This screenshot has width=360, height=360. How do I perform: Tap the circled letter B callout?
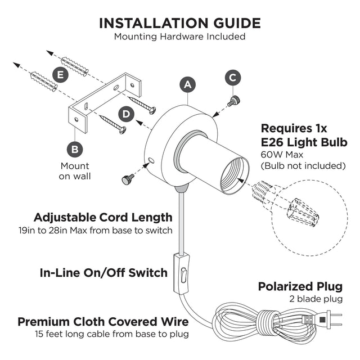pos(74,150)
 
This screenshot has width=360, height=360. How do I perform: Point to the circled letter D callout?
pos(127,115)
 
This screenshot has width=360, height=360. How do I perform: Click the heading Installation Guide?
pos(180,23)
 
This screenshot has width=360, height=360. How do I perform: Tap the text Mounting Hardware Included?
pos(180,37)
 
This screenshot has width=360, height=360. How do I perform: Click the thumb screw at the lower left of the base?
pos(128,179)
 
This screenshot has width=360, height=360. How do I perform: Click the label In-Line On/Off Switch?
pos(104,273)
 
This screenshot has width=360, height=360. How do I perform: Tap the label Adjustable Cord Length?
pos(103,217)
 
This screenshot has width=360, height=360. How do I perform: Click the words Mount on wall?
pos(75,171)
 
